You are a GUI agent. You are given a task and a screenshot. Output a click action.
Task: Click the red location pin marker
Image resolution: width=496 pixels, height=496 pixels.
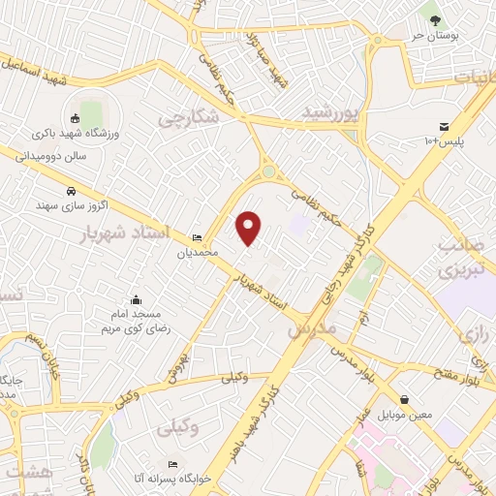(250, 228)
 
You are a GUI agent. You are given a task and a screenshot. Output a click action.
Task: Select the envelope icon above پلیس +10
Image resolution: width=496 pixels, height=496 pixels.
(444, 127)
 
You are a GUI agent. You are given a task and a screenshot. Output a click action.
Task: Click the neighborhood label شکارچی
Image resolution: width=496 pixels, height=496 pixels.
(191, 116)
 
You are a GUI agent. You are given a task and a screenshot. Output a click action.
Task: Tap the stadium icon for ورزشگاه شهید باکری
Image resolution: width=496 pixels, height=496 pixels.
(77, 118)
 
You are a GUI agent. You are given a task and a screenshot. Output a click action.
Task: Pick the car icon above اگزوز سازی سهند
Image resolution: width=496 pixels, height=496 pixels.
(72, 191)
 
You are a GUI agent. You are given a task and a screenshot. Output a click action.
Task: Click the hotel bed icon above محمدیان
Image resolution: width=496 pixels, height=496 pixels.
(198, 238)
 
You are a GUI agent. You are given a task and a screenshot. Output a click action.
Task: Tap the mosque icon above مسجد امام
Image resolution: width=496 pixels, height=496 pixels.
(136, 299)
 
